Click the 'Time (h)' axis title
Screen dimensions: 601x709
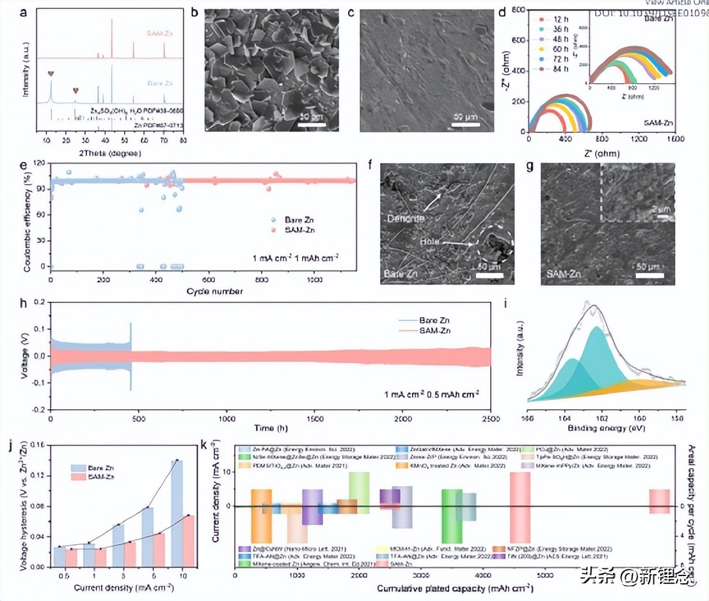264,427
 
